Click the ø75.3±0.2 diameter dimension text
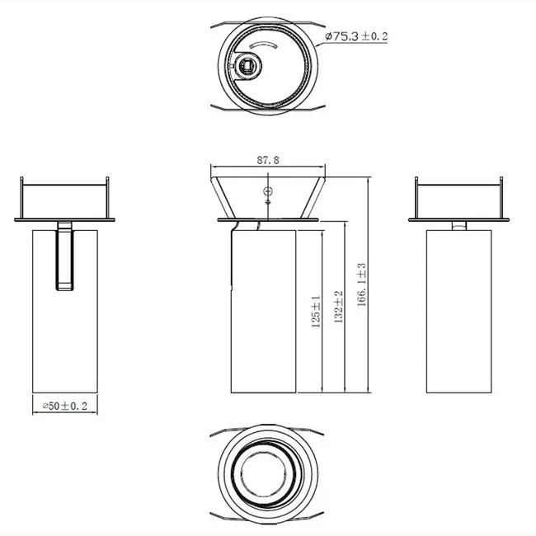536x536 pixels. (x=357, y=37)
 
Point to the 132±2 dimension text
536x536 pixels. (x=338, y=308)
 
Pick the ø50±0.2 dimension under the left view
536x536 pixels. (x=64, y=407)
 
